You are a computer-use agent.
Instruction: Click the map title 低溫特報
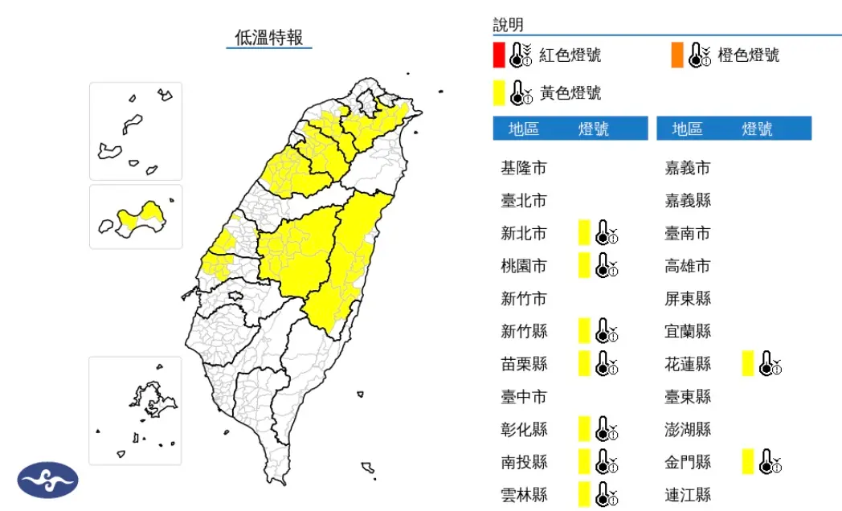click(x=268, y=37)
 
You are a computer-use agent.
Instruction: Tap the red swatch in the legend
click(x=499, y=55)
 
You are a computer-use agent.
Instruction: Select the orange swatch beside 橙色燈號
click(x=677, y=55)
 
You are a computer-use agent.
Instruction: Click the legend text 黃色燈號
click(x=570, y=93)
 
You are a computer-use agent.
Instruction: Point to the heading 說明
click(x=509, y=25)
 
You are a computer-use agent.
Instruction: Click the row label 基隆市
click(x=523, y=168)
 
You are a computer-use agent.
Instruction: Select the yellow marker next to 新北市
click(x=584, y=232)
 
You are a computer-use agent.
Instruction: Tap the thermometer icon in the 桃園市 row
click(x=606, y=265)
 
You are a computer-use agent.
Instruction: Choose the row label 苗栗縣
click(x=523, y=364)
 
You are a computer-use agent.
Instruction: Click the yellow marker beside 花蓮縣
click(x=747, y=363)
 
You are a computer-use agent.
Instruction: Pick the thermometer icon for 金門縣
click(x=770, y=462)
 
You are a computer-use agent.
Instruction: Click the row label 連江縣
click(x=688, y=495)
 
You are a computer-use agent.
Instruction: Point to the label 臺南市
click(x=688, y=233)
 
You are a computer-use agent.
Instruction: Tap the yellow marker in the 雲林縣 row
click(x=584, y=494)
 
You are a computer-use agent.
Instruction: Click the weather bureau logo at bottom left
click(x=47, y=480)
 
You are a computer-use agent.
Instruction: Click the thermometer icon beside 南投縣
click(x=606, y=462)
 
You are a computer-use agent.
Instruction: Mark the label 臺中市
click(x=523, y=397)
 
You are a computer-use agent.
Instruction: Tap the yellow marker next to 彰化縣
click(x=584, y=429)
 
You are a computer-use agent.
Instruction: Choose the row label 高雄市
click(x=688, y=266)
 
